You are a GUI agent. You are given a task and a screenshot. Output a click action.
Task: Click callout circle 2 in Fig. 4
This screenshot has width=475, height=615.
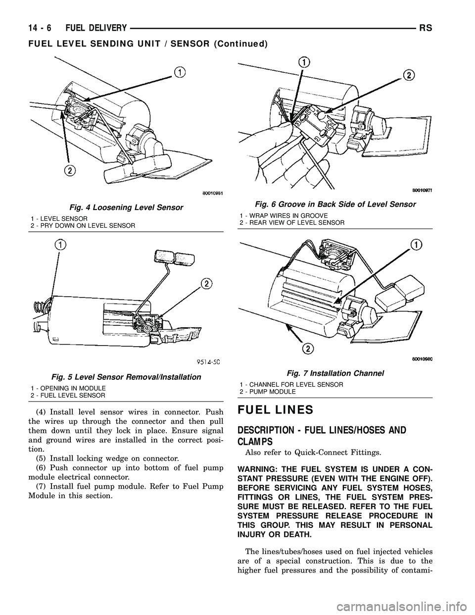(72, 170)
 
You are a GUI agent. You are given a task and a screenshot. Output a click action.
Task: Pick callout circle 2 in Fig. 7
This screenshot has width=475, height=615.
(307, 349)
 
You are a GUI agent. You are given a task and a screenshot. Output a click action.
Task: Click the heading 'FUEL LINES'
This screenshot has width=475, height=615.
(276, 410)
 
